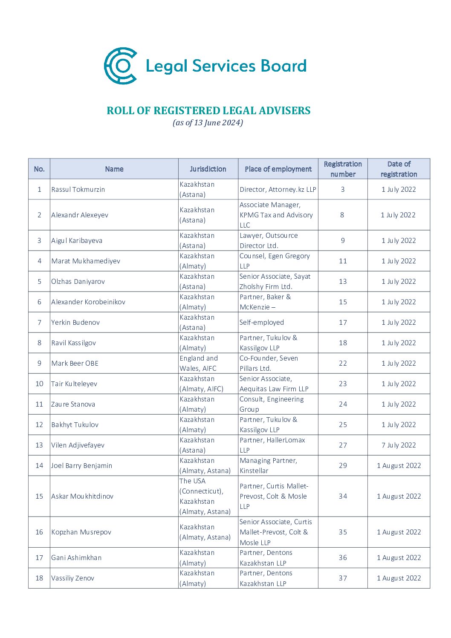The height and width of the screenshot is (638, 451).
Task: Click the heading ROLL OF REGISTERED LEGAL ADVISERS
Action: (208, 111)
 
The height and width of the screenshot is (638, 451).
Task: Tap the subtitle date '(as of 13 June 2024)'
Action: (208, 123)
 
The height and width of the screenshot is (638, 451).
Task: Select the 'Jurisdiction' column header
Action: (208, 169)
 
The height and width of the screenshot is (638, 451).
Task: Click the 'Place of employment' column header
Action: (278, 169)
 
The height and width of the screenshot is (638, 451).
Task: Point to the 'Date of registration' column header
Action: (399, 169)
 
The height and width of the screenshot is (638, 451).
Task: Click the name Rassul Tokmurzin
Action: (78, 190)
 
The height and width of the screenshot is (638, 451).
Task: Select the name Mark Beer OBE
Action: (75, 364)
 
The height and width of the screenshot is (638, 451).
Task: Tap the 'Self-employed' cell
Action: (262, 323)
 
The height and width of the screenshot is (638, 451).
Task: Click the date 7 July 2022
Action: (399, 445)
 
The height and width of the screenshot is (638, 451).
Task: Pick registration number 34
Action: (343, 497)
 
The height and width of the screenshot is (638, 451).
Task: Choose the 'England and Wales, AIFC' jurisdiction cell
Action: (198, 364)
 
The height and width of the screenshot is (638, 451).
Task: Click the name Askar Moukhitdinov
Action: (82, 497)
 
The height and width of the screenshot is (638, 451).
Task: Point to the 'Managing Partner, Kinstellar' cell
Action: (268, 466)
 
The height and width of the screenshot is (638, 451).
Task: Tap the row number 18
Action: (39, 578)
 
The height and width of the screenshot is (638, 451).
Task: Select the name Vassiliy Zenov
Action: (72, 578)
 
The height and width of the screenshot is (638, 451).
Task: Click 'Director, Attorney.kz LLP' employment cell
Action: (278, 190)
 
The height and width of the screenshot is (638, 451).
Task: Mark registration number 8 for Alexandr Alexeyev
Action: (342, 215)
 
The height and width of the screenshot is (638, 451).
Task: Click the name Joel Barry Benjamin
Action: (81, 466)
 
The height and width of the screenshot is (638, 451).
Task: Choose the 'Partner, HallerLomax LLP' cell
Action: (272, 445)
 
